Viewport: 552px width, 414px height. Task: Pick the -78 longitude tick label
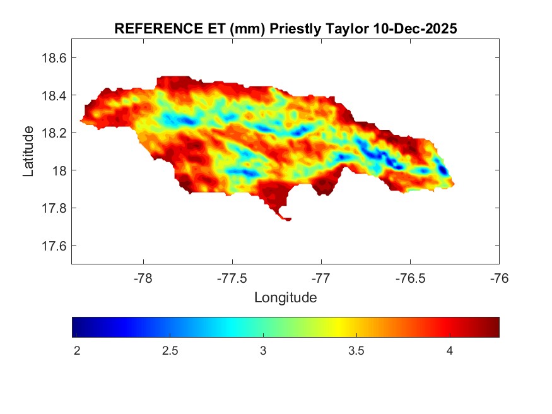tap(144, 277)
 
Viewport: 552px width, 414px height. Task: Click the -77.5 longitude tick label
tap(233, 277)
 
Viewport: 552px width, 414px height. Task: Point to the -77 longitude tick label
tap(322, 277)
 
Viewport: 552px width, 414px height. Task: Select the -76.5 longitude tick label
tap(411, 277)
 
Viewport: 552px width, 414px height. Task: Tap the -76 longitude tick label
tap(500, 277)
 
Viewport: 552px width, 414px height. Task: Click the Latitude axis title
tap(28, 151)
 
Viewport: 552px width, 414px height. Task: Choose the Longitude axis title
tap(285, 297)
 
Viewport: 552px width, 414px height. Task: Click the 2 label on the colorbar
tap(77, 350)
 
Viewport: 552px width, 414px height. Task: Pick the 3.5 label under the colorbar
tap(356, 350)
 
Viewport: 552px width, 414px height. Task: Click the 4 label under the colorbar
tap(450, 350)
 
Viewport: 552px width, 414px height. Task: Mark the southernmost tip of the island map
tap(288, 220)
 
